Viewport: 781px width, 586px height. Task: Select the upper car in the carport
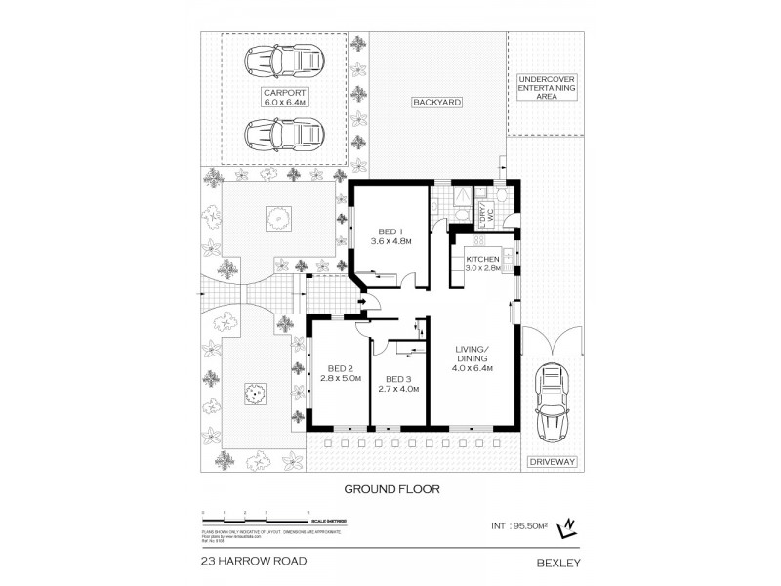pos(284,63)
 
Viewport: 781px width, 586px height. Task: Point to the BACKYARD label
pos(435,102)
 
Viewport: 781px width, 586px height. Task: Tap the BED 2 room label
pos(341,373)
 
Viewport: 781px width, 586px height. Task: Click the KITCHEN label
pos(482,262)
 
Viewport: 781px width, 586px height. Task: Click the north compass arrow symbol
pos(564,529)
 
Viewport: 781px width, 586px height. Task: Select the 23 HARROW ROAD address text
pos(253,561)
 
